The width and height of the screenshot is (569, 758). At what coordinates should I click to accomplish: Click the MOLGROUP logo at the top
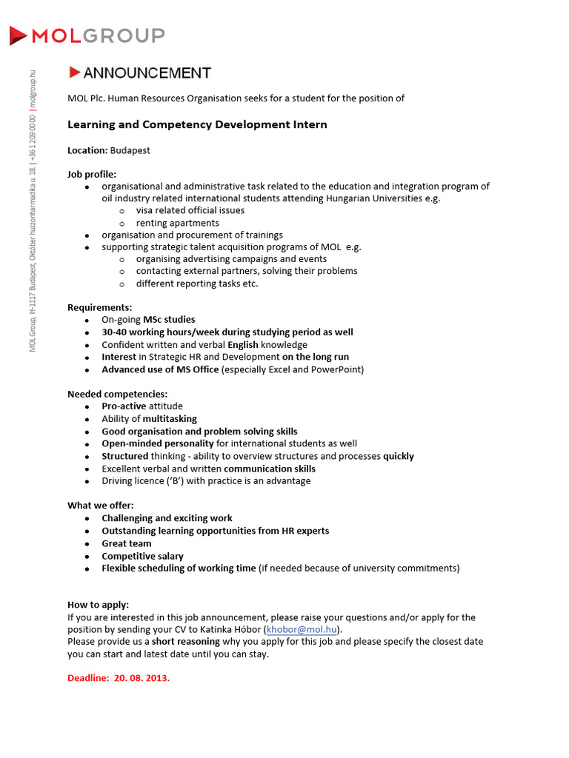pos(87,35)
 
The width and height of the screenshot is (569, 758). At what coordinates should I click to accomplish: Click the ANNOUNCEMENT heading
pos(147,73)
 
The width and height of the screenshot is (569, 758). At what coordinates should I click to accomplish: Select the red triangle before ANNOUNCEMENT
pos(74,73)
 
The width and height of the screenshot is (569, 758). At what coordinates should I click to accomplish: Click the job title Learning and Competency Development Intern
pos(197,124)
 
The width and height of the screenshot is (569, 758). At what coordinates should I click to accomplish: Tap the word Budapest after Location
pos(130,150)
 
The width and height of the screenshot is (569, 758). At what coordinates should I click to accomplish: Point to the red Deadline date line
pos(119,677)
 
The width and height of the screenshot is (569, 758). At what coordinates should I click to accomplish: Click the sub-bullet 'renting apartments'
pos(177,223)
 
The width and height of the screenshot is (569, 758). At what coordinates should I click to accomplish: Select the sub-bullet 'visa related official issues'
pos(190,210)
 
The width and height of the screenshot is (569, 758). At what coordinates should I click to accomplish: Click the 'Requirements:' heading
pos(100,307)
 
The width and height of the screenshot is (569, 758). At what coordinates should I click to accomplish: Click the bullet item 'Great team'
pos(127,543)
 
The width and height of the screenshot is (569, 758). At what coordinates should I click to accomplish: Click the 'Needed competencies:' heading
pos(117,394)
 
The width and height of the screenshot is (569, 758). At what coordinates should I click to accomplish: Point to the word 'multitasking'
pos(170,419)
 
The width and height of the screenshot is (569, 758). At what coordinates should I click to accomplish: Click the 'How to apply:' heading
pos(98,605)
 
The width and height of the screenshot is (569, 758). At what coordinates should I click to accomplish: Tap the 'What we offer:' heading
pos(101,506)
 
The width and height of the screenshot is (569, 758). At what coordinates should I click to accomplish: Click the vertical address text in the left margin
pos(32,211)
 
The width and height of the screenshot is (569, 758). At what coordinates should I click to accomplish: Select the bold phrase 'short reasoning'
pos(186,642)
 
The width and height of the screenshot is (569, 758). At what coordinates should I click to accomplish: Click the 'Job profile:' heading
pos(92,174)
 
